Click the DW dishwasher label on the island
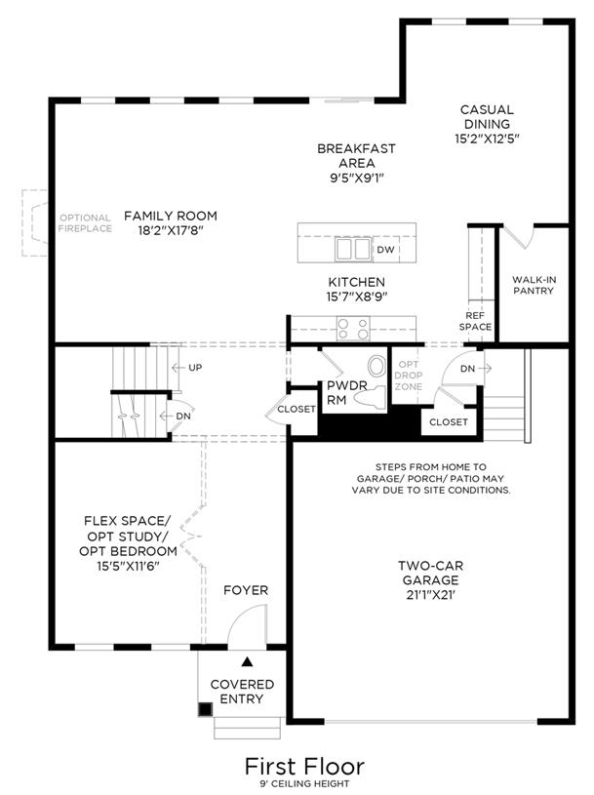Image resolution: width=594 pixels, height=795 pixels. pos(385,250)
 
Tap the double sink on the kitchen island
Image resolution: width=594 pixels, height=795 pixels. pos(353,249)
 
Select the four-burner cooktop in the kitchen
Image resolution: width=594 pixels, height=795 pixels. pos(353,328)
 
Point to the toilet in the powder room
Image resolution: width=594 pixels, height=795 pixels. pos(370,396)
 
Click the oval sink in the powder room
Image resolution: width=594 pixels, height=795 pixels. pos(376,366)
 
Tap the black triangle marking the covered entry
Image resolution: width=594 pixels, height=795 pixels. pos(247,661)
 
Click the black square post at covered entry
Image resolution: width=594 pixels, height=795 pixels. pos(205,709)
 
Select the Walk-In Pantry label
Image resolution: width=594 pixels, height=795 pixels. pos(534,285)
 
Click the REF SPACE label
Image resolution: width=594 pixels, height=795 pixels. pos(475,322)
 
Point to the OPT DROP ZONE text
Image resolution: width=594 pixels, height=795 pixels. pos(409,376)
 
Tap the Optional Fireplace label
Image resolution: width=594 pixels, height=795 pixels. pos(85,223)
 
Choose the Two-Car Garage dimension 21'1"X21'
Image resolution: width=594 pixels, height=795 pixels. pos(431,595)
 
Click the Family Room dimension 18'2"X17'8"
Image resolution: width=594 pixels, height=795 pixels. pos(171,230)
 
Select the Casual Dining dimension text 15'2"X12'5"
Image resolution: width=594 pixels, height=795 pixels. pos(487,139)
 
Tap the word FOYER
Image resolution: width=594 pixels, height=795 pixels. pos(246,590)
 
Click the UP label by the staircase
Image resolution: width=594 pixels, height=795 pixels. pos(195,368)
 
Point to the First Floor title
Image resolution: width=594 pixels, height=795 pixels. pos(304,767)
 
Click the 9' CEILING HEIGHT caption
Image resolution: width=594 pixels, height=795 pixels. pos(304,784)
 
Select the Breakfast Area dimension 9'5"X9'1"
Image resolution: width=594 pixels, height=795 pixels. pos(357,178)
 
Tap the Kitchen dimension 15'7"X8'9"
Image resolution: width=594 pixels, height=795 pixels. pos(357,297)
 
